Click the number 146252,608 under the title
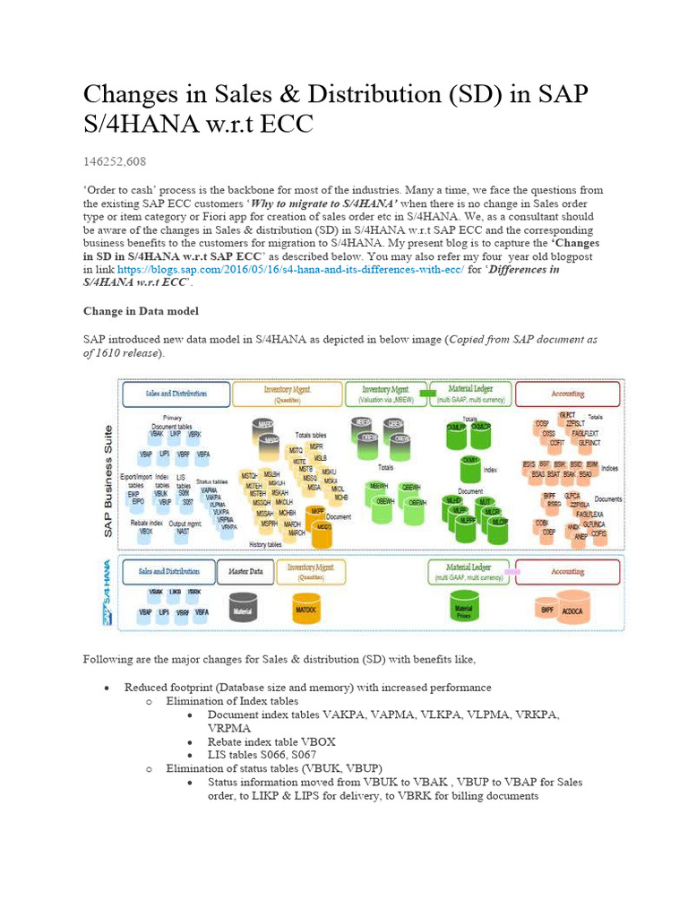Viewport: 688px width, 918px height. (x=115, y=161)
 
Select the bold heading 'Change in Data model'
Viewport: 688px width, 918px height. (x=141, y=311)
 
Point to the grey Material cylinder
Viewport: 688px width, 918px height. (x=243, y=609)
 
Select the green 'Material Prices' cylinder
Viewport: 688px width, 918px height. (x=464, y=607)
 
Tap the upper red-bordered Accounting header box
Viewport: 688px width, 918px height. (x=567, y=393)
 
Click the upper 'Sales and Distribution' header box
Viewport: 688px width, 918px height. (x=176, y=393)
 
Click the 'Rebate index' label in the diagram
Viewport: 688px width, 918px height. (x=146, y=522)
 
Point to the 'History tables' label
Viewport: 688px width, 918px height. (x=265, y=544)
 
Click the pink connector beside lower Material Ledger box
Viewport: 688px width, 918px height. (x=512, y=570)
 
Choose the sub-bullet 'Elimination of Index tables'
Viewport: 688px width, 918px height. (x=232, y=700)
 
